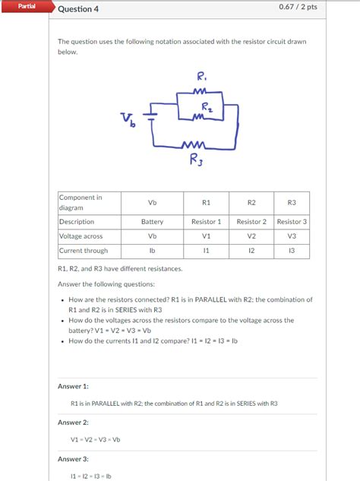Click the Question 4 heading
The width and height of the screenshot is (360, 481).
[78, 9]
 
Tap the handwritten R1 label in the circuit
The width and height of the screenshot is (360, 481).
[201, 76]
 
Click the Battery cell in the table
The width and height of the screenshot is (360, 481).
[152, 222]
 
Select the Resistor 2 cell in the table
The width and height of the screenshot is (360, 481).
[251, 222]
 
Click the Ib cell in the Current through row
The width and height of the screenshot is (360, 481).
[152, 251]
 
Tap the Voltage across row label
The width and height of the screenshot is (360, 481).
[81, 236]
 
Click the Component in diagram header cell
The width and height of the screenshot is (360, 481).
[81, 202]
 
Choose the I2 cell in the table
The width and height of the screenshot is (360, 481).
[251, 251]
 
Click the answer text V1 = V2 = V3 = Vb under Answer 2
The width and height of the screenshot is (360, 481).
[95, 440]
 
